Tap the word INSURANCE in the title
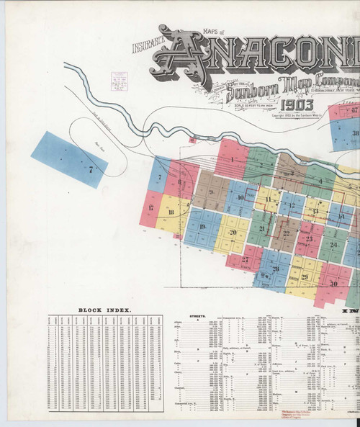[x=149, y=48]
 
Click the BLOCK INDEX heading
[x=104, y=310]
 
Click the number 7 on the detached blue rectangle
[x=91, y=170]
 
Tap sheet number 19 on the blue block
[x=202, y=227]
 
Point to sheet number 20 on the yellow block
[x=233, y=232]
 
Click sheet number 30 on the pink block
[x=333, y=282]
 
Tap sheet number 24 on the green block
[x=334, y=245]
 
